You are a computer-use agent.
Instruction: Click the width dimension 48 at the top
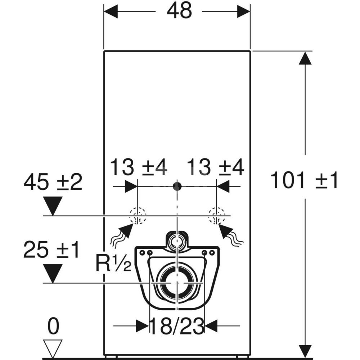179,11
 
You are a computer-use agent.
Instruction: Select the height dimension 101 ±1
304,180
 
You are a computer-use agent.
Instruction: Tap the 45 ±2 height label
53,182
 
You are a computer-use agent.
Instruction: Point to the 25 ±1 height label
51,249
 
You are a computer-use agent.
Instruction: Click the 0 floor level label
53,327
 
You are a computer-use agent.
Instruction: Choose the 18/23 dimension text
177,326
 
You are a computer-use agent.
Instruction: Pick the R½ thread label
113,264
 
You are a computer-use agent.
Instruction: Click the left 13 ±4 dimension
139,167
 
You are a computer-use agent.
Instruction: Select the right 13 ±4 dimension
216,167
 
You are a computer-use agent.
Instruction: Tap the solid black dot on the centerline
177,186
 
